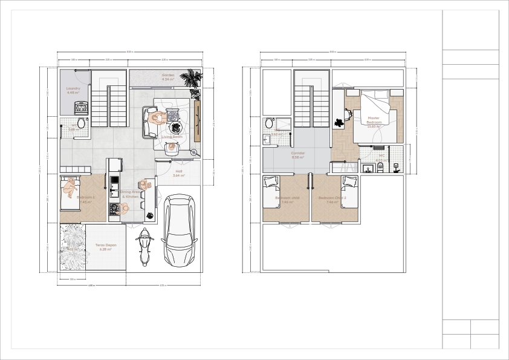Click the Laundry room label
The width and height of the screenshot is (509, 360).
(73, 90)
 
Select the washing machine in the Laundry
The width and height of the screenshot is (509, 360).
(81, 108)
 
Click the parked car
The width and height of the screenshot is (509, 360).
(179, 231)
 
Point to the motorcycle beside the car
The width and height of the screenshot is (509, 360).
(144, 247)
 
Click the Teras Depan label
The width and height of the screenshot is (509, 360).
(106, 247)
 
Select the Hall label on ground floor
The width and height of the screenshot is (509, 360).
(179, 174)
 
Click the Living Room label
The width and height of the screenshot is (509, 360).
(172, 137)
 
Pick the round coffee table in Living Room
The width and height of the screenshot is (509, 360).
(175, 127)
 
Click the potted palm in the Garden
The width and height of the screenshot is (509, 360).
(193, 78)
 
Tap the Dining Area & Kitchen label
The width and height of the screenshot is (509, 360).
(130, 194)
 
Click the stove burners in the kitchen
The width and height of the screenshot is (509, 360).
(113, 209)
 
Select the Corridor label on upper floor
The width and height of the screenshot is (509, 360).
(298, 155)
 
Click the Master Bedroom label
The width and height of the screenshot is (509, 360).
(374, 120)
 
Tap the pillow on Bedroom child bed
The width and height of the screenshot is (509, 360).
(270, 181)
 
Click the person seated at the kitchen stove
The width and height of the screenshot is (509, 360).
(125, 208)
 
